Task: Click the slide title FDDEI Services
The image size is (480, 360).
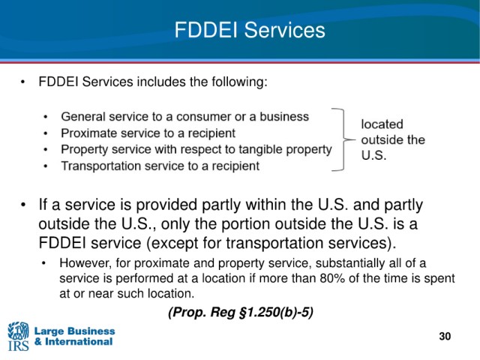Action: point(250,30)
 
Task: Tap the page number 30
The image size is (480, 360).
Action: point(445,336)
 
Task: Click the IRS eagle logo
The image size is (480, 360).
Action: point(18,336)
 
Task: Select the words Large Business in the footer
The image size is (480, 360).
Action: point(75,331)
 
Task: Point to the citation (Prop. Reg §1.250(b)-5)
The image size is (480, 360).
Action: point(241,312)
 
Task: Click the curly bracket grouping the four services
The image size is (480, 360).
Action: point(343,139)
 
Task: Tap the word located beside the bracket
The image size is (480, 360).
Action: point(382,124)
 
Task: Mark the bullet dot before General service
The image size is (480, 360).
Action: point(46,117)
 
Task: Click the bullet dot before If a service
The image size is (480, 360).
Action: point(23,205)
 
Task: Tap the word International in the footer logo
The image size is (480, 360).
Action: point(79,342)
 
